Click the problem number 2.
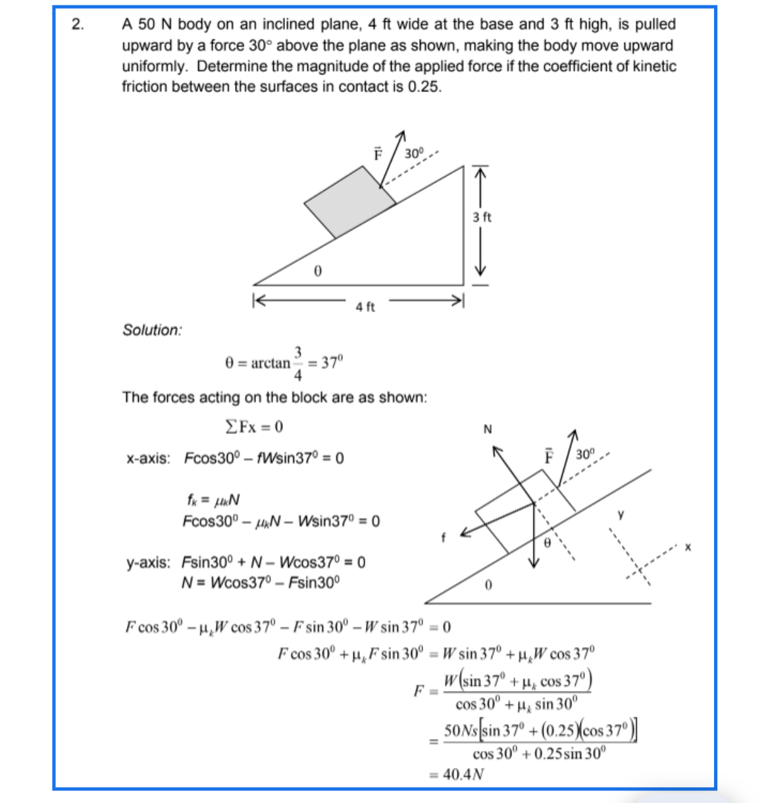(x=78, y=25)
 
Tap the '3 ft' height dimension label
(x=482, y=217)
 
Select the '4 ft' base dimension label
(x=365, y=307)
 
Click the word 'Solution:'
(x=152, y=330)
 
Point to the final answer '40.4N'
(x=463, y=774)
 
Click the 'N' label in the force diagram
(x=488, y=430)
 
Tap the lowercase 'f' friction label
(x=444, y=538)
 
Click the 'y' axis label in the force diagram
(x=621, y=514)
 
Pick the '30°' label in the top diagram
(x=415, y=153)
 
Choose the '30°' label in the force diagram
(x=585, y=454)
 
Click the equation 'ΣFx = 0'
(x=254, y=427)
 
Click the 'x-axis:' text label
(x=148, y=458)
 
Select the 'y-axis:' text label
(x=148, y=563)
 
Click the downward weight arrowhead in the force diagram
(x=534, y=560)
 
